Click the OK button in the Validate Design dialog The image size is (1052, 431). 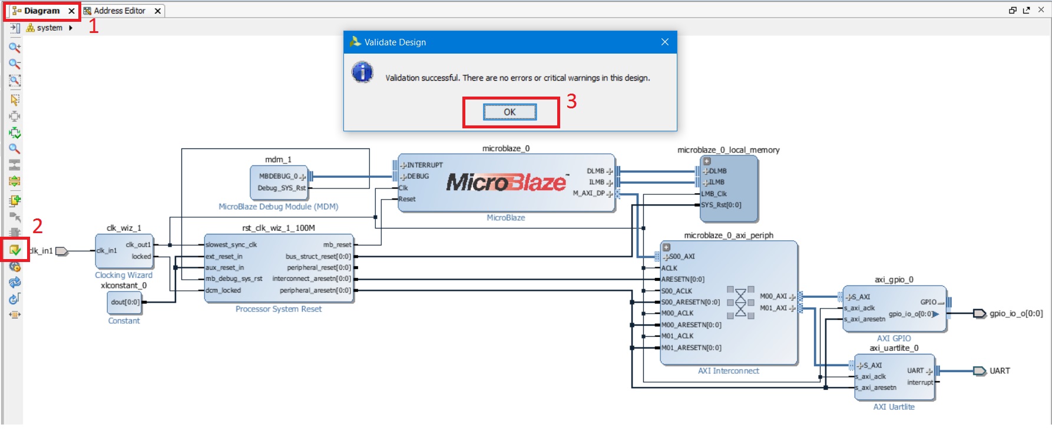tap(510, 112)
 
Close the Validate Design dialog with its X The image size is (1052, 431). tap(664, 42)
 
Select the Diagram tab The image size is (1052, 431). tap(41, 11)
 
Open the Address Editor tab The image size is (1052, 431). tap(119, 11)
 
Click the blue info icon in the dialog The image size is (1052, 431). tap(362, 72)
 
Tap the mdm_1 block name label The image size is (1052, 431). tap(278, 160)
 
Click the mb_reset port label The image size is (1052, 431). tap(337, 244)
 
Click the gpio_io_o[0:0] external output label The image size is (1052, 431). tap(1016, 313)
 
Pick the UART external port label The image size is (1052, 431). tap(1000, 371)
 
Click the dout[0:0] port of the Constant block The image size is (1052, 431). tap(125, 302)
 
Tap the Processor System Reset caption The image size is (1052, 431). tap(279, 309)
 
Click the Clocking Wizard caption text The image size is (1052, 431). tap(124, 275)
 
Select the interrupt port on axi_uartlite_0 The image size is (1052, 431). tap(920, 382)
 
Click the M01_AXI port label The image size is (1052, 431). tap(773, 308)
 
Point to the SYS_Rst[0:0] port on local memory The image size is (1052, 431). tap(721, 205)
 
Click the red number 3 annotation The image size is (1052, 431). tap(571, 101)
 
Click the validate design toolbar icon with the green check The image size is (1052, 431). tap(15, 250)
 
